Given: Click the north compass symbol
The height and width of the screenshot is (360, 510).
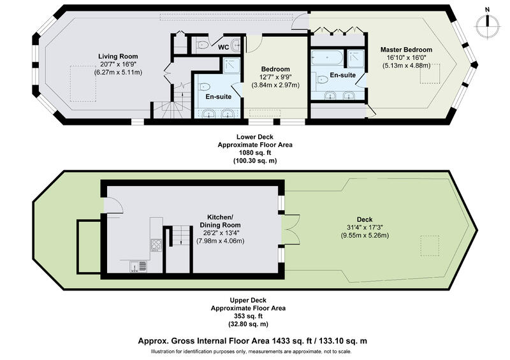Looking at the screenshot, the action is click(487, 25).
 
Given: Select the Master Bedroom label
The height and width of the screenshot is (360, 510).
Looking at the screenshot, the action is click(406, 50).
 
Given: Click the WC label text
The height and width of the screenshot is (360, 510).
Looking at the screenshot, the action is click(223, 48).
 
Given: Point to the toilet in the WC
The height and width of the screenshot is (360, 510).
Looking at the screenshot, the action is click(203, 45).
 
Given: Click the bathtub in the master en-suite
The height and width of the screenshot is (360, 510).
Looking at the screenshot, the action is click(327, 57).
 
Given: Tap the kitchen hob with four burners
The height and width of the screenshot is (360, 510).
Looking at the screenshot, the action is click(156, 245).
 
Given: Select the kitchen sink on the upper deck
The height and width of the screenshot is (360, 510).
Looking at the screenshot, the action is click(138, 266).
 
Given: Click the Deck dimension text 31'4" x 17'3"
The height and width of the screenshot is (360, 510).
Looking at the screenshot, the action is click(364, 227).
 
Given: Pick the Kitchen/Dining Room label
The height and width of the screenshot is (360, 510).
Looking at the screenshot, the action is click(220, 221).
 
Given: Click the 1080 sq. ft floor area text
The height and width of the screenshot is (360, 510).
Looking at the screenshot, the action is click(255, 152).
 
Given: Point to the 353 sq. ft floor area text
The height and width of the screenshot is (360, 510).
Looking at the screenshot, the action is click(248, 316).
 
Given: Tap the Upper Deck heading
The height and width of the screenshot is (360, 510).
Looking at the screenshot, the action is click(248, 300).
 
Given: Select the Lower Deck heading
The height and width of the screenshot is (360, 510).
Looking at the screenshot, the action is click(255, 137).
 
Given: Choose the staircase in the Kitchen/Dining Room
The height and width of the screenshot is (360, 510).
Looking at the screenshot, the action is click(178, 248).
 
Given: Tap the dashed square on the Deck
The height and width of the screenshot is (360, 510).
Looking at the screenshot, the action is click(430, 246).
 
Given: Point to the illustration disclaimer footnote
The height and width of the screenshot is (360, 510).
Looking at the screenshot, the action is click(251, 352).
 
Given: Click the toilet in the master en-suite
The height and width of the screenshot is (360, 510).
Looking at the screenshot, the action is click(322, 79).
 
